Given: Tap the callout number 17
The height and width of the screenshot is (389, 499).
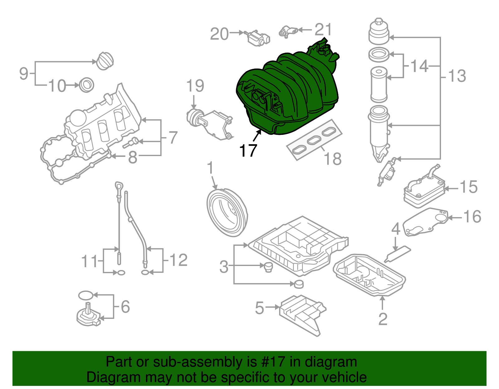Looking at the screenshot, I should (248, 151).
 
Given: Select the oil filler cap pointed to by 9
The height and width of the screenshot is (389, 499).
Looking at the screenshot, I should (104, 61).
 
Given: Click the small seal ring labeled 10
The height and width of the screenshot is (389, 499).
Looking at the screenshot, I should (87, 85).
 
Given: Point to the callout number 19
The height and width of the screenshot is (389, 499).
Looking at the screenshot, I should (195, 86).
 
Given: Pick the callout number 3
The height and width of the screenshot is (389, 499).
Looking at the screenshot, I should (224, 267).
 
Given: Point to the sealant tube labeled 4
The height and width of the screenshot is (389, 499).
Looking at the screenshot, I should (399, 254).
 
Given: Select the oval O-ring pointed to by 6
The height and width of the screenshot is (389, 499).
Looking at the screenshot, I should (85, 295).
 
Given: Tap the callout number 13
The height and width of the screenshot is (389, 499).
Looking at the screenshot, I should (457, 76).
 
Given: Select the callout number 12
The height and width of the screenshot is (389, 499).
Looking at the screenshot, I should (178, 260).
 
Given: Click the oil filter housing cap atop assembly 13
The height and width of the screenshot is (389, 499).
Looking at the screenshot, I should (379, 33).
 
